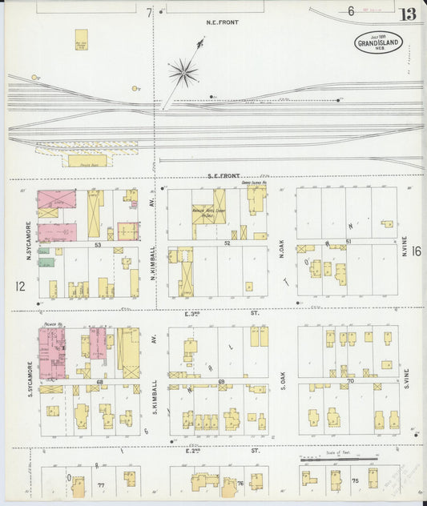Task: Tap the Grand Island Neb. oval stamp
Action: [379, 42]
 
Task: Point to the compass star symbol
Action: [183, 74]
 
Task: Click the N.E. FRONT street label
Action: [212, 23]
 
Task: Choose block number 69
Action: [221, 383]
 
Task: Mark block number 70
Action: [350, 382]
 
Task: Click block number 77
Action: [101, 485]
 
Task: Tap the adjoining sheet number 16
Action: [417, 251]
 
